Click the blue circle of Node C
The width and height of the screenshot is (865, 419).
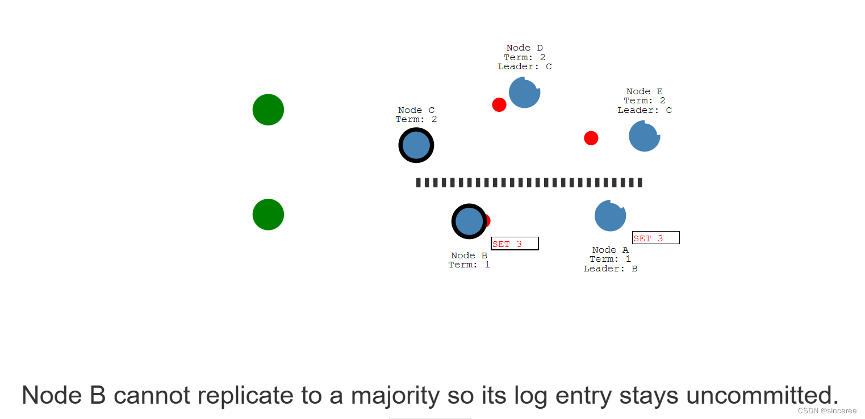(416, 145)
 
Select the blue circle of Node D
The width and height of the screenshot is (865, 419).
(524, 93)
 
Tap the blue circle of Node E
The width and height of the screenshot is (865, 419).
(644, 136)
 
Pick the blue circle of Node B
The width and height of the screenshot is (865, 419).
(469, 221)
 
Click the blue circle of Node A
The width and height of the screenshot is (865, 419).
(610, 216)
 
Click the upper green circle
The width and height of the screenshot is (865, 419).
(268, 110)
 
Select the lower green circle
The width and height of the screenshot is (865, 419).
(268, 215)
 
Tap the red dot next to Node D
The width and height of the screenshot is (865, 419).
(499, 104)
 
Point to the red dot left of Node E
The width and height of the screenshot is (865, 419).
(591, 138)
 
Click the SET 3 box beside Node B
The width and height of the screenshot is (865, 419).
(515, 244)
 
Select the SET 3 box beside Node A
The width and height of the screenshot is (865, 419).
(655, 238)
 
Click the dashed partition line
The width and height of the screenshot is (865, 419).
(529, 182)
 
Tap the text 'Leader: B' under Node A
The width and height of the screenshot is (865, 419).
(610, 269)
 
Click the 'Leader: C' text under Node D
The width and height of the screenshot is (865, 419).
(524, 66)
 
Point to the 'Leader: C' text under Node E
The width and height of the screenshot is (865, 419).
(644, 110)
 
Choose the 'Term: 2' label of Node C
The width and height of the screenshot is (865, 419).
(416, 119)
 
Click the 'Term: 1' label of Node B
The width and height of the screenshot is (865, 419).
(469, 265)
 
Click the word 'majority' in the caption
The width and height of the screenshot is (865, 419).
(395, 395)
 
